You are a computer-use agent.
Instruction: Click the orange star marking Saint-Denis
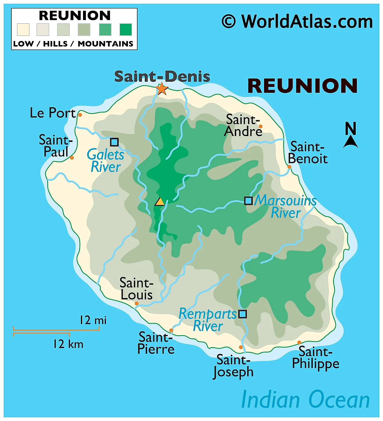(x=162, y=89)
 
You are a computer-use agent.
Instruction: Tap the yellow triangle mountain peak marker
(x=160, y=202)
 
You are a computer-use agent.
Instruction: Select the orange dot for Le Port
(x=80, y=115)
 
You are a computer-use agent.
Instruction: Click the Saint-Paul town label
(x=55, y=146)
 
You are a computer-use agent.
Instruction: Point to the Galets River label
(x=106, y=161)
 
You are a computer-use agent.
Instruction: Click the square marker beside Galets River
(x=114, y=142)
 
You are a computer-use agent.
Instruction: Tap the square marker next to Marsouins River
(x=248, y=201)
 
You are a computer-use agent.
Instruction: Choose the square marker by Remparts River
(x=243, y=314)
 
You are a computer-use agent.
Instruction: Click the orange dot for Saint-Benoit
(x=289, y=167)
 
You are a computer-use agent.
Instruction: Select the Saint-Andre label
(x=243, y=126)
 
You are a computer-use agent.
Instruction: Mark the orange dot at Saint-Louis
(x=137, y=304)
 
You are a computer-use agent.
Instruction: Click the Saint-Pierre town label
(x=156, y=343)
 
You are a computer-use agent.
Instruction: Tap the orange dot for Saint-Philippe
(x=299, y=342)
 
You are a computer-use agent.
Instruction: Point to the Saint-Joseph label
(x=233, y=366)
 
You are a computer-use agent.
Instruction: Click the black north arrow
(x=351, y=142)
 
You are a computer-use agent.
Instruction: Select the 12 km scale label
(x=68, y=344)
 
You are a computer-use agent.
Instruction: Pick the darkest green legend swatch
(x=126, y=30)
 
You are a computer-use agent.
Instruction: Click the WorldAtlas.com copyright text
(x=297, y=22)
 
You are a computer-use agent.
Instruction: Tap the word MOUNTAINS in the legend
(x=105, y=44)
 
